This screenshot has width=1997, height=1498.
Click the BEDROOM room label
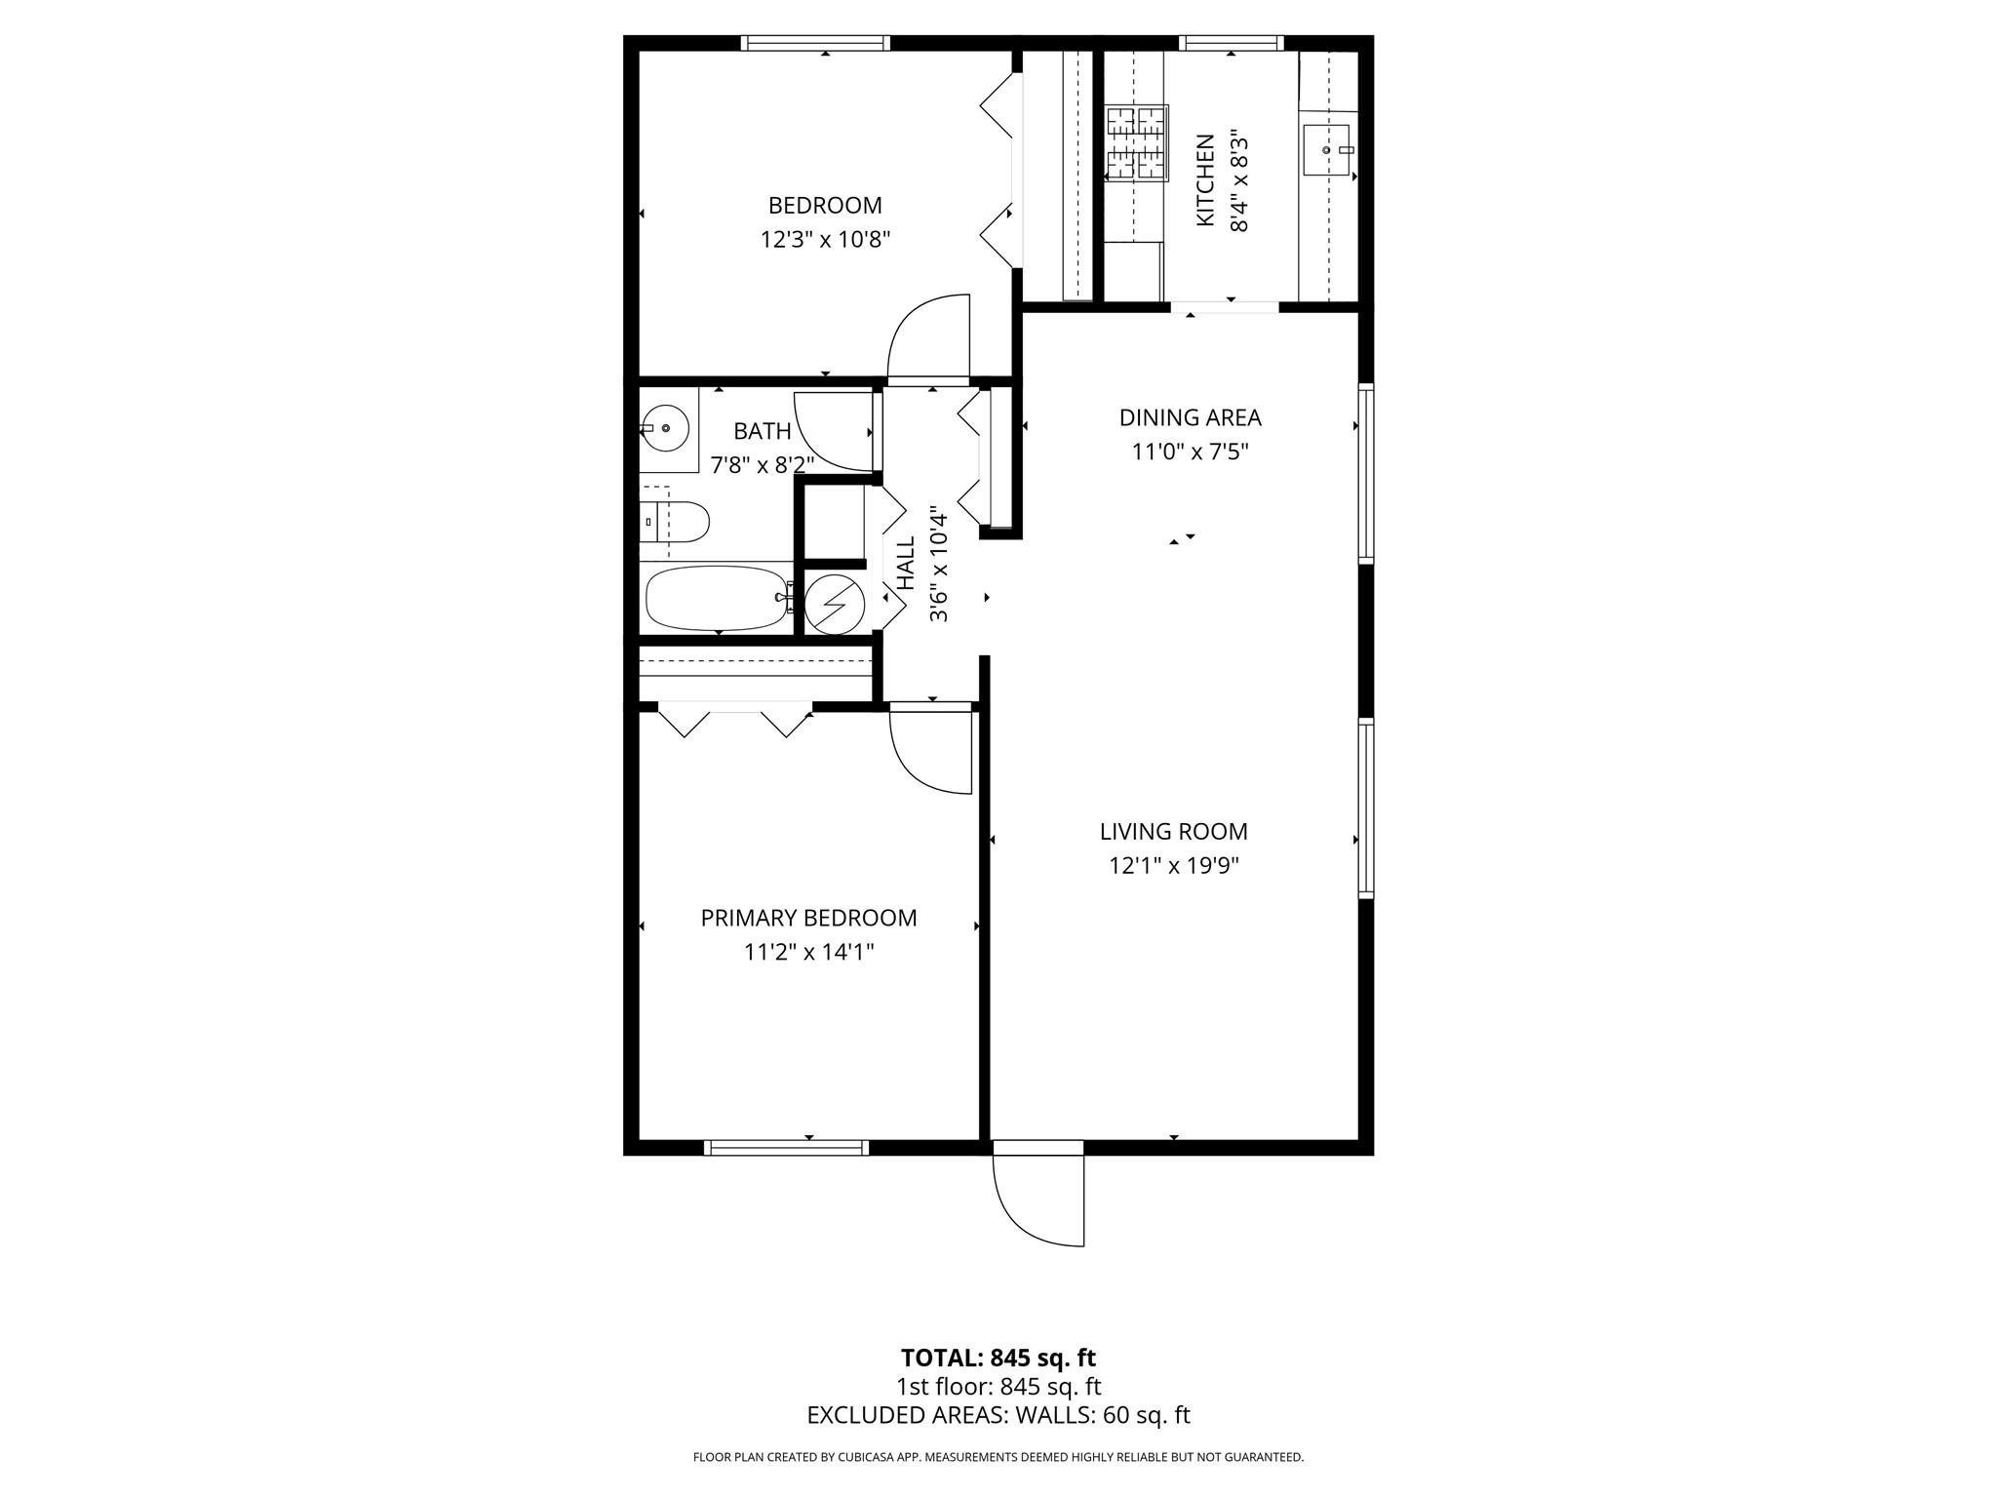point(825,206)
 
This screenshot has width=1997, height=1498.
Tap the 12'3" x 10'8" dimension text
point(825,240)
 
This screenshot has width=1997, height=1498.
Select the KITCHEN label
point(1206,180)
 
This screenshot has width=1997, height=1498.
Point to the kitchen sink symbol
point(1327,149)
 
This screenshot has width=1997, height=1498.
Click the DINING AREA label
point(1190,418)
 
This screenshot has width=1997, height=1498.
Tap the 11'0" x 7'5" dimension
point(1190,453)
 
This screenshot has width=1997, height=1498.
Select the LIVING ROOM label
point(1173,832)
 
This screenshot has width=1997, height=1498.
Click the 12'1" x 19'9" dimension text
point(1173,866)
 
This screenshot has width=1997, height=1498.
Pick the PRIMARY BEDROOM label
point(808,919)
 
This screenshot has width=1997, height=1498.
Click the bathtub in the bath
point(719,599)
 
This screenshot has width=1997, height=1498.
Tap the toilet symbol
point(676,523)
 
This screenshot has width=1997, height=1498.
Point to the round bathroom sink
point(666,428)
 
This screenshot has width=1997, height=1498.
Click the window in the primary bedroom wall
point(786,1148)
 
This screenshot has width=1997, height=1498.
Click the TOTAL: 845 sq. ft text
point(998,1358)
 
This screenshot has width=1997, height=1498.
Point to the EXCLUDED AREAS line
point(998,1415)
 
